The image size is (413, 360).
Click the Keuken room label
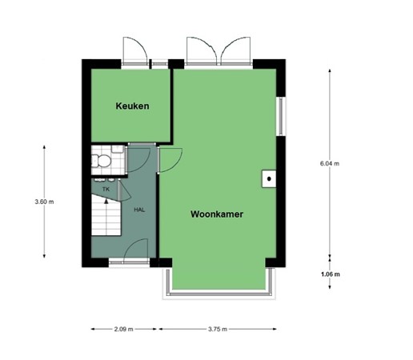(132, 106)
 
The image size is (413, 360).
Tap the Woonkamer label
(217, 214)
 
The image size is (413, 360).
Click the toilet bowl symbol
(102, 162)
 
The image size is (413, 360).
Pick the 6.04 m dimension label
(329, 163)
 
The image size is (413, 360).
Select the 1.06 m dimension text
(329, 275)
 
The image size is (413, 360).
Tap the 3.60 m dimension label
(44, 202)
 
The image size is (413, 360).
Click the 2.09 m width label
(123, 329)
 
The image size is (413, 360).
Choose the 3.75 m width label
(218, 329)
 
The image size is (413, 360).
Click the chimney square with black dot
(270, 178)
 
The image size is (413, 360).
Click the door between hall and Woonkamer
(170, 160)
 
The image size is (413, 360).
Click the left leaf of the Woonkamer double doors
(201, 50)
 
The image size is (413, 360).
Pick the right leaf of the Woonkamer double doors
(235, 50)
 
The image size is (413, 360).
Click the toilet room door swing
(137, 158)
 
